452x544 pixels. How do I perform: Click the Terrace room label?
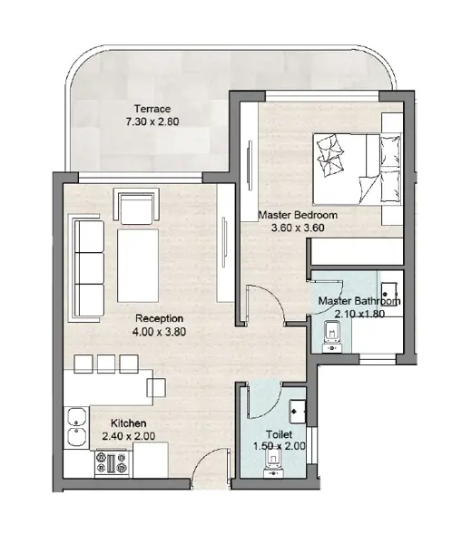pos(152,109)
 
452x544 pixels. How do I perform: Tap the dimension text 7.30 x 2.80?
pos(152,121)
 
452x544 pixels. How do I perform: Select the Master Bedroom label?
pos(298,215)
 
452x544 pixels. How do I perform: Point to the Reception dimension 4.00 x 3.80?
pos(159,332)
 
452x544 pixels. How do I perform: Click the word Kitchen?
pos(129,423)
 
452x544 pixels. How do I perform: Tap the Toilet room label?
pos(279,434)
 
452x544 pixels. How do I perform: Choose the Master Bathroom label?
pos(359,301)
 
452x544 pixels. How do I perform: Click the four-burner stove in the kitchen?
pos(112,462)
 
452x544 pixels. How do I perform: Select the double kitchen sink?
pos(77,428)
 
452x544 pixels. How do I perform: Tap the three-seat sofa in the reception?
pos(87,268)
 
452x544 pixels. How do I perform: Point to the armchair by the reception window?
pos(136,206)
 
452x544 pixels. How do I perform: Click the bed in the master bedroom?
pos(358,169)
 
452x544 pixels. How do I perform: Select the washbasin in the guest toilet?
pos(298,412)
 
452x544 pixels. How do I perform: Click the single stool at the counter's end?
pos(156,387)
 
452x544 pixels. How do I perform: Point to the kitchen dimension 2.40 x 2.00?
pos(129,436)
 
